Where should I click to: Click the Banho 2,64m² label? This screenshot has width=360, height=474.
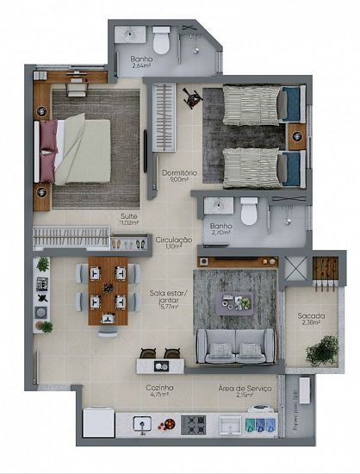[x=140, y=61]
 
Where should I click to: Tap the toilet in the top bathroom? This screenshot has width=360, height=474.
[x=161, y=40]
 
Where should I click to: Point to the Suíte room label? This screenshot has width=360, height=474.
[x=128, y=217]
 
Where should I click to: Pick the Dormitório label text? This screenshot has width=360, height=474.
[x=179, y=174]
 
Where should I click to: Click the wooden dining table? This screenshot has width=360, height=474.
[x=108, y=289]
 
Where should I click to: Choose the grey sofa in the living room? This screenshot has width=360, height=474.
[x=235, y=346]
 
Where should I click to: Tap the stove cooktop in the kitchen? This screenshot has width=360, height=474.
[x=193, y=424]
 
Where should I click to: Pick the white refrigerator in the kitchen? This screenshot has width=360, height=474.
[x=97, y=423]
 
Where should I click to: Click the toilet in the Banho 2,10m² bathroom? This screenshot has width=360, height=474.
[x=249, y=210]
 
